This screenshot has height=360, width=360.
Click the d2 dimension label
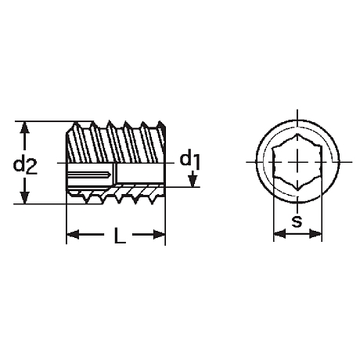pyautogui.click(x=25, y=164)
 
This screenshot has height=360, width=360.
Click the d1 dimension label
pyautogui.click(x=190, y=160)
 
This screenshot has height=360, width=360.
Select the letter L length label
pyautogui.click(x=120, y=235)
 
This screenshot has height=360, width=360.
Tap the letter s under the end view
pyautogui.click(x=297, y=222)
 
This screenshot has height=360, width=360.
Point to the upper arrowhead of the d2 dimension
pyautogui.click(x=24, y=129)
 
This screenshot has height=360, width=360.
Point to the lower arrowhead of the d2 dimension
pyautogui.click(x=24, y=196)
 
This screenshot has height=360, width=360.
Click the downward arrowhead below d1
pyautogui.click(x=193, y=182)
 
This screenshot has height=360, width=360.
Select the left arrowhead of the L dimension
pyautogui.click(x=73, y=235)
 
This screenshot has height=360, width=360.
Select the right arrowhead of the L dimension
pyautogui.click(x=159, y=235)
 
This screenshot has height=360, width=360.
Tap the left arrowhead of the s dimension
pyautogui.click(x=279, y=234)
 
